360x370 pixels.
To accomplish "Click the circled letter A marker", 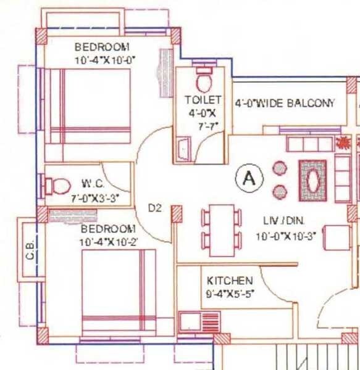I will pyautogui.click(x=249, y=179).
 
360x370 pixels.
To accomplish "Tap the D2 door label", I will pyautogui.click(x=154, y=208).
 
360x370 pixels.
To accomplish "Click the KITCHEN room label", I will pyautogui.click(x=229, y=281).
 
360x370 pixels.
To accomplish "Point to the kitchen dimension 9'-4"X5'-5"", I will pyautogui.click(x=230, y=293).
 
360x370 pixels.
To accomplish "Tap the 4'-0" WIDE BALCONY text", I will pyautogui.click(x=285, y=103).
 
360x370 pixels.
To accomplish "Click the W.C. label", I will pyautogui.click(x=94, y=183).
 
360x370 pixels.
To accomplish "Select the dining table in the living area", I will pyautogui.click(x=222, y=230).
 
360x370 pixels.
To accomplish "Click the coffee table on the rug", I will pyautogui.click(x=314, y=181).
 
